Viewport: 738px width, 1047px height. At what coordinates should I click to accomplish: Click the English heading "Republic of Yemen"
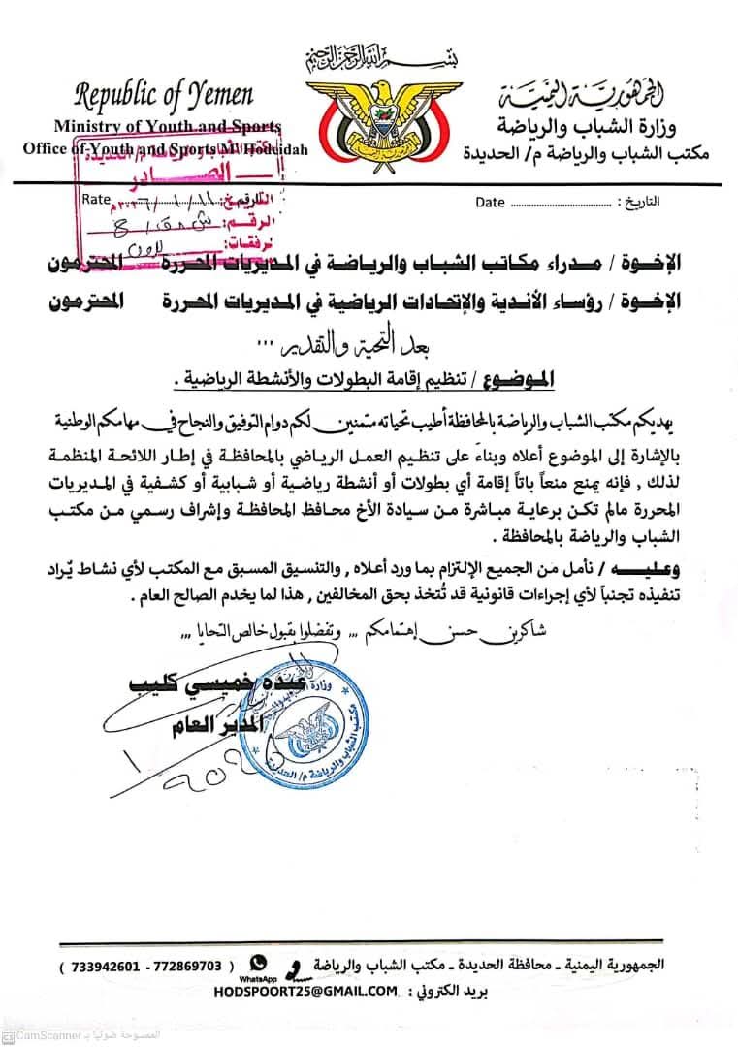coord(164,94)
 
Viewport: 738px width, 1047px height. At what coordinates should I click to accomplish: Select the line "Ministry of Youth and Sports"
coord(167,126)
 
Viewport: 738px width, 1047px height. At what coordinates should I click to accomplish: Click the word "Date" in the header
coord(491,202)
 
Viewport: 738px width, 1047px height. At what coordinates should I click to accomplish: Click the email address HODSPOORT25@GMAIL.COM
coord(309,990)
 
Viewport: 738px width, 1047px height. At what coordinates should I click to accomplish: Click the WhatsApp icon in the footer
coord(258,963)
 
